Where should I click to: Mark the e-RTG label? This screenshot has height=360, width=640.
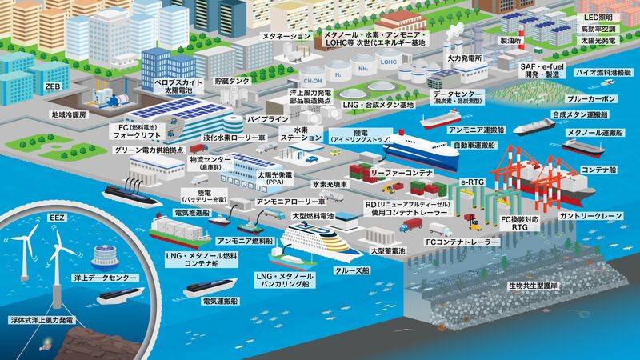point(473,183)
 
